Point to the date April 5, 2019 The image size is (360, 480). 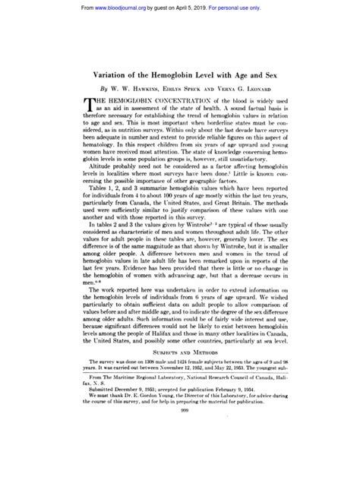[x=204, y=5]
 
